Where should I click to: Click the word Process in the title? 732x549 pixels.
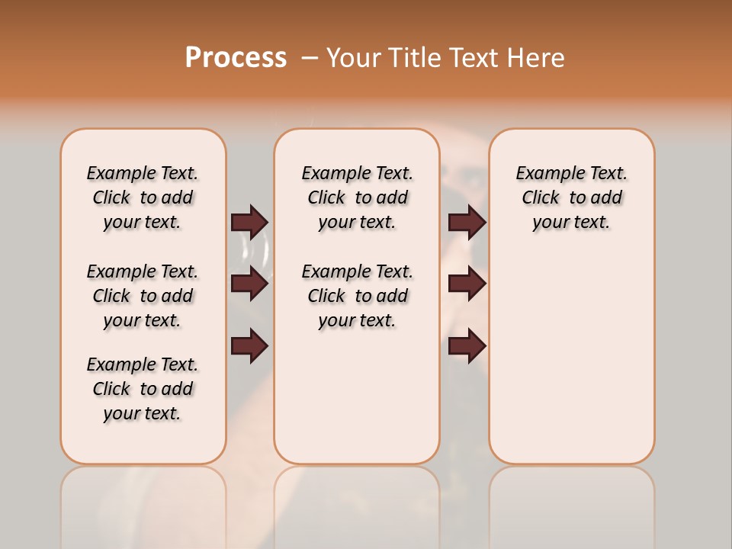[x=236, y=58]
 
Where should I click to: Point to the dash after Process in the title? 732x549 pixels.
[x=310, y=58]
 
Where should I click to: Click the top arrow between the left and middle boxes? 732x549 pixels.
[x=249, y=222]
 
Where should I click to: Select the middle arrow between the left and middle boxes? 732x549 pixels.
[x=249, y=284]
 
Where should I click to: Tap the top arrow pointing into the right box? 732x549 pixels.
[x=467, y=222]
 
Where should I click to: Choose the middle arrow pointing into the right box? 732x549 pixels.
[x=467, y=284]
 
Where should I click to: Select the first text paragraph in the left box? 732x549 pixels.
[x=143, y=197]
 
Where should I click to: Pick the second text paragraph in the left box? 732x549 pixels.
[x=143, y=296]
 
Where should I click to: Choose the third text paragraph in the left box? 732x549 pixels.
[x=143, y=389]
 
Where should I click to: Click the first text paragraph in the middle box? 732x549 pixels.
[x=357, y=197]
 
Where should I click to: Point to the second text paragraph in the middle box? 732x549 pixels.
[x=357, y=296]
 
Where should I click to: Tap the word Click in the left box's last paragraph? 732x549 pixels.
[x=111, y=389]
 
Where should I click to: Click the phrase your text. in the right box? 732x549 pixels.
[x=571, y=223]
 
